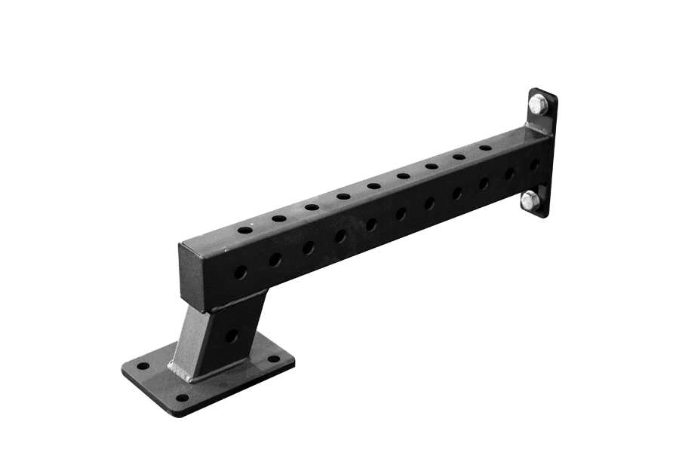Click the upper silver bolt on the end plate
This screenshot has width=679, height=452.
click(x=537, y=105)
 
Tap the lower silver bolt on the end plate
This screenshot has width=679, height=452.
click(x=530, y=200)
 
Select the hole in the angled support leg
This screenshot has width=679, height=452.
click(x=232, y=335)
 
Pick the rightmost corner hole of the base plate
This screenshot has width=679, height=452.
click(x=273, y=359)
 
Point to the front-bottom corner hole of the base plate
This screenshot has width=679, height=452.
click(x=181, y=397)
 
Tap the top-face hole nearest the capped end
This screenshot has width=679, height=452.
click(x=244, y=229)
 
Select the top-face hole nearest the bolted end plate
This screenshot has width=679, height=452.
click(x=486, y=148)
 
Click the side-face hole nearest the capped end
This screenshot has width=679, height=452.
click(x=240, y=272)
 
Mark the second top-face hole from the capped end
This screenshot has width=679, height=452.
click(x=279, y=218)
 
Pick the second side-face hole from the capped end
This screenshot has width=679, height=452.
click(x=275, y=259)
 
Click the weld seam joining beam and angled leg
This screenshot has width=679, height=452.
click(x=234, y=301)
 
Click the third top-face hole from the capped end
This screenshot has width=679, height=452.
click(x=312, y=207)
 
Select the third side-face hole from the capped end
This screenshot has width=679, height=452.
click(x=309, y=247)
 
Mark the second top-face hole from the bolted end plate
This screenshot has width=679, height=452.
click(x=459, y=157)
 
